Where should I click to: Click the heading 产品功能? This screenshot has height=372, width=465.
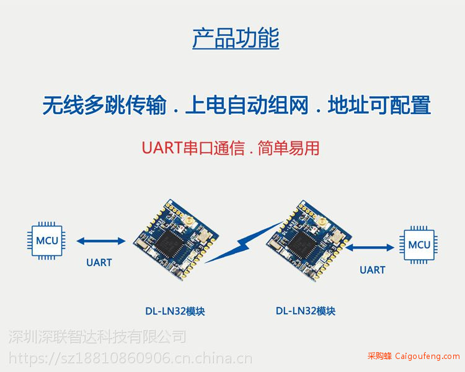[x=236, y=38]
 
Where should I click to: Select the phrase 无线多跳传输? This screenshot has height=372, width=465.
[x=104, y=105]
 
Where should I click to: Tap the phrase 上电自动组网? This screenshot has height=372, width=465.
[x=247, y=105]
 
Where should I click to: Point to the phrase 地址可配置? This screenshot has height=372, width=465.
[x=379, y=105]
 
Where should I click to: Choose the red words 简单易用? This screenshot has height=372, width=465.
[x=288, y=148]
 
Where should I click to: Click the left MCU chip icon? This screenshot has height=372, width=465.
[x=46, y=241]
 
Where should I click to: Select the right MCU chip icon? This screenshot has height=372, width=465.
[x=418, y=245]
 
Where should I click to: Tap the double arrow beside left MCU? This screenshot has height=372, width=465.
[x=101, y=241]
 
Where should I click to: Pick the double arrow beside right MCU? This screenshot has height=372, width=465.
[x=370, y=247]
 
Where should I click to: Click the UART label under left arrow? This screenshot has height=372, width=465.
[x=99, y=262]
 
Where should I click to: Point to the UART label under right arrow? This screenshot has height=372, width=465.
[x=373, y=270]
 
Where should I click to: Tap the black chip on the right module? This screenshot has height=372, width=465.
[x=303, y=244]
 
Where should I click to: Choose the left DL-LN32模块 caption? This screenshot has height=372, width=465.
[x=175, y=311]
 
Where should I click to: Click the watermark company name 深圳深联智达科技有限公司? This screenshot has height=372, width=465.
[x=97, y=337]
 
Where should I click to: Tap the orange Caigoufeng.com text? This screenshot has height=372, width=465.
[x=427, y=356]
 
